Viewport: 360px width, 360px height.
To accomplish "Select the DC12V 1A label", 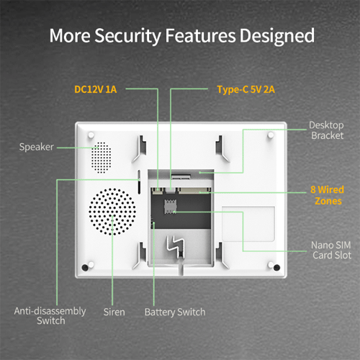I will (95, 89).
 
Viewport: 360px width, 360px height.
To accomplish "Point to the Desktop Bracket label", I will (326, 130).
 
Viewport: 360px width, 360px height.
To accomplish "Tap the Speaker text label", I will (37, 148).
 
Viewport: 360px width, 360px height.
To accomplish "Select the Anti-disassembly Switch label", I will (50, 316).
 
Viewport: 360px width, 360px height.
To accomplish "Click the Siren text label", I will (114, 312).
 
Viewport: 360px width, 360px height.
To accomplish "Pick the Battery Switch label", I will (174, 312).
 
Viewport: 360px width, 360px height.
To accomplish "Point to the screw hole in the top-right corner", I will (270, 135).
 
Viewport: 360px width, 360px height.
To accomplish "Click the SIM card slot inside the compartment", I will (170, 208).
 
